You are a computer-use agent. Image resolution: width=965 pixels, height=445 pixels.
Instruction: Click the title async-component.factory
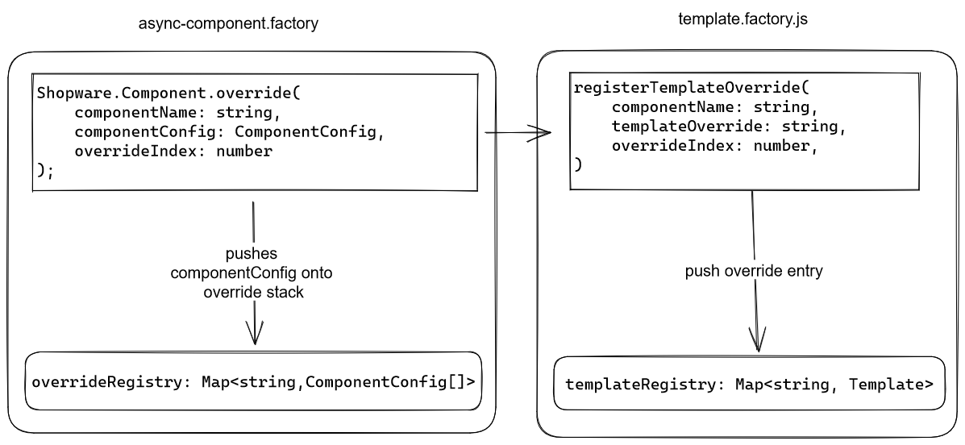click(228, 23)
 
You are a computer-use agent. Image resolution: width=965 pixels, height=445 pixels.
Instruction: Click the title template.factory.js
click(742, 19)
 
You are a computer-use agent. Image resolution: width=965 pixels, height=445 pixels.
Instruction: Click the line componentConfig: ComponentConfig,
click(226, 131)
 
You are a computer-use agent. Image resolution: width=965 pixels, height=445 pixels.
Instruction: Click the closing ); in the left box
click(45, 170)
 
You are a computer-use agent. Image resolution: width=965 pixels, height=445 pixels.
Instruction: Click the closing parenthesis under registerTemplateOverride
click(577, 164)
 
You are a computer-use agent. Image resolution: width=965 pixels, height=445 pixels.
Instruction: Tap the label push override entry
click(754, 272)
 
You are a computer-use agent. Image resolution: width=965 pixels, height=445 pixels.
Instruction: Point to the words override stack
click(253, 292)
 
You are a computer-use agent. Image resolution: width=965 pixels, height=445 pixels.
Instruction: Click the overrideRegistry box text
click(253, 381)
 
